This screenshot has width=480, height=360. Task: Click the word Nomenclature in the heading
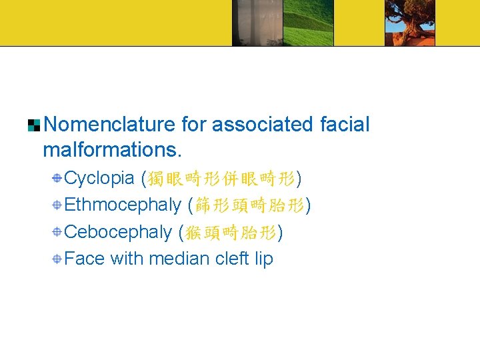109,125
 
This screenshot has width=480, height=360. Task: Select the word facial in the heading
344,125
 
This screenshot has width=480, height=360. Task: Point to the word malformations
111,150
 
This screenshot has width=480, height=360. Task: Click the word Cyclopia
100,179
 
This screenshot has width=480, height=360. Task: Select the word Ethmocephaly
123,205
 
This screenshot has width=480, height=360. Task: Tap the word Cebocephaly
118,232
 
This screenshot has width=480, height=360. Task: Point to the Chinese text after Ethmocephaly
249,205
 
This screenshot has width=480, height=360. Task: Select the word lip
264,259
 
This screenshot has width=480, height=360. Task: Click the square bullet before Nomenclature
34,125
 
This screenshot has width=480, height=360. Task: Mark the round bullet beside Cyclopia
59,179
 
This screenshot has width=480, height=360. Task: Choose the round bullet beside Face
59,259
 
